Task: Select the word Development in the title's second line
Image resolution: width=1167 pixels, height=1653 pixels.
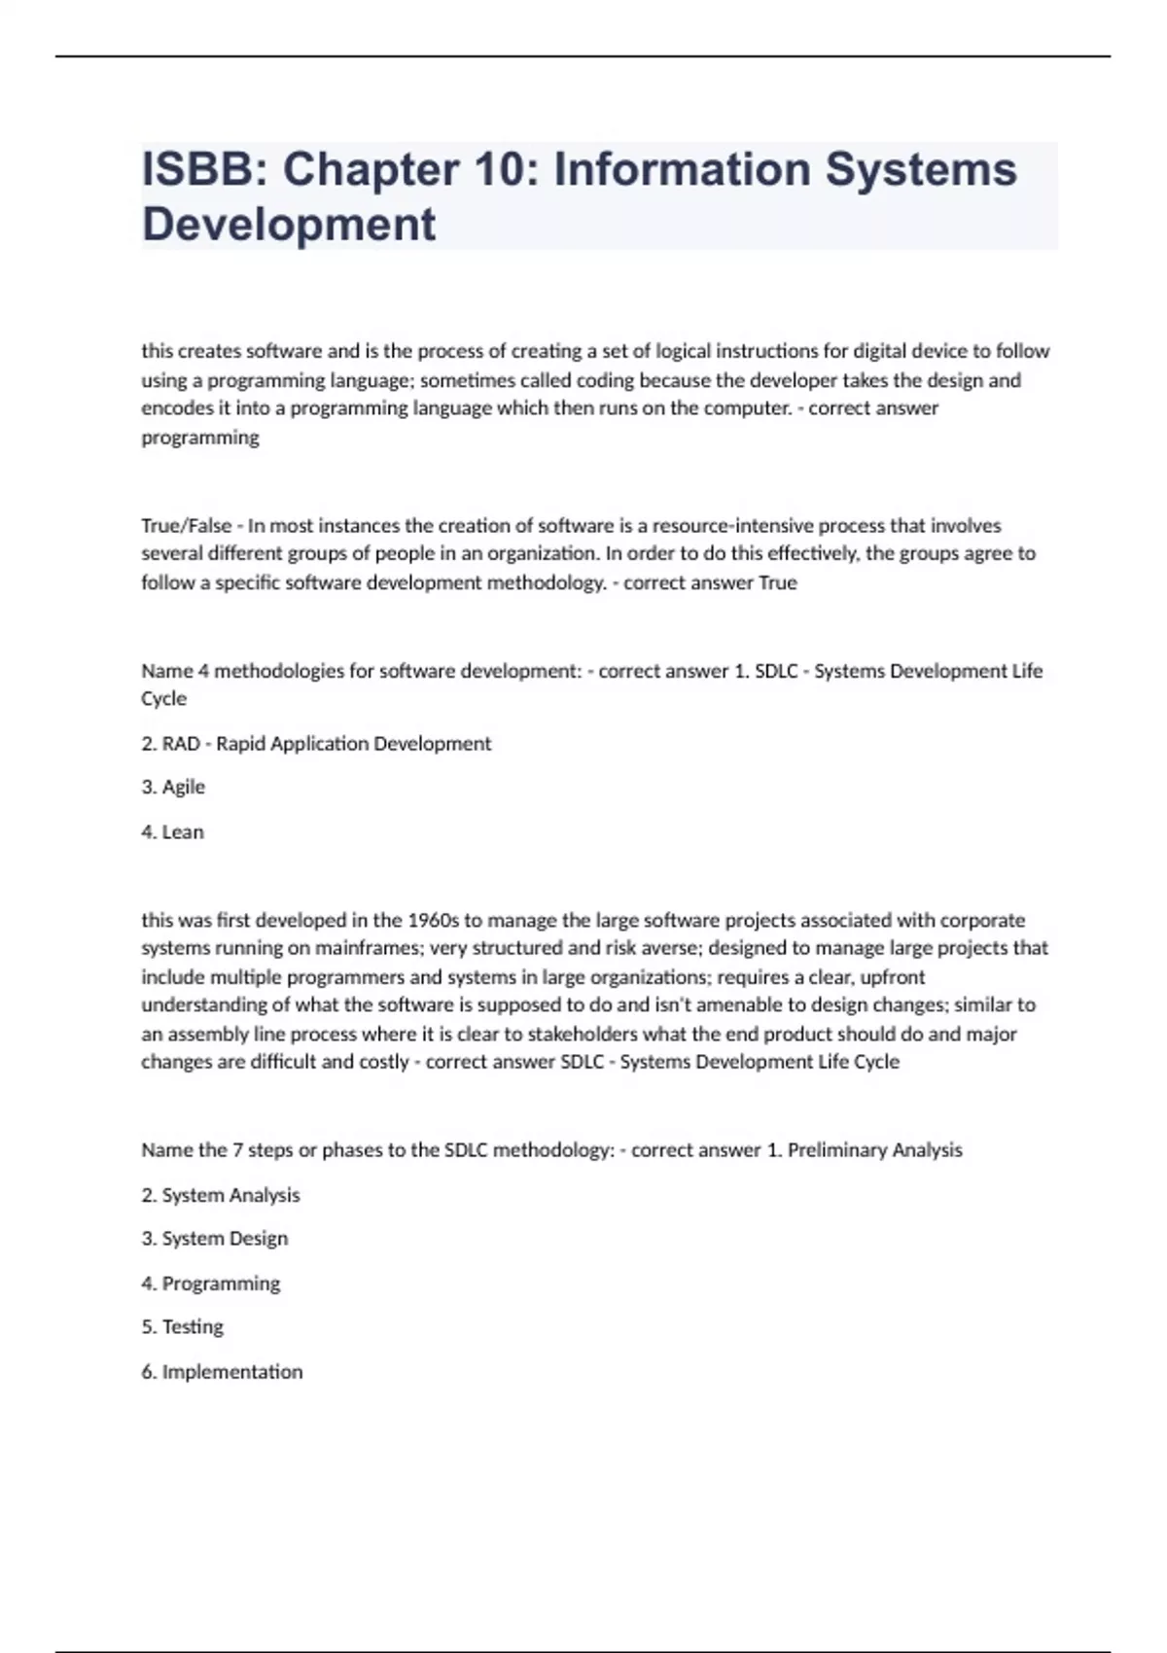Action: coord(289,225)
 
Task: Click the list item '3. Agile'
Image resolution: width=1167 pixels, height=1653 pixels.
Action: coord(173,787)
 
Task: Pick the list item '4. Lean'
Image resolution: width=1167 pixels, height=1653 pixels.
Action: coord(173,831)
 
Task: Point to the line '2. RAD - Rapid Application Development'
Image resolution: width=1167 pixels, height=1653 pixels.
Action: coord(316,744)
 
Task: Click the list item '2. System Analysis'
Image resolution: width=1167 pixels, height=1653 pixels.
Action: coord(221,1195)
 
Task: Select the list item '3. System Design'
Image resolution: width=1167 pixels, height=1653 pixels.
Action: coord(215,1239)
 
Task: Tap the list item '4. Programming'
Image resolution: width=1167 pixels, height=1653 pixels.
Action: coord(211,1284)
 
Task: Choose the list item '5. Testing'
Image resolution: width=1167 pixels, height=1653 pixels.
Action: coord(183,1327)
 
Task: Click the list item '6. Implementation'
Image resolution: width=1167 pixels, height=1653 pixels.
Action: coord(222,1372)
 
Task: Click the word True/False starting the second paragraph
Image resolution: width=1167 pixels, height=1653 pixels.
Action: coord(186,526)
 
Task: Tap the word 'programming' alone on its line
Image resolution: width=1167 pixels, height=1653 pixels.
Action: coord(200,438)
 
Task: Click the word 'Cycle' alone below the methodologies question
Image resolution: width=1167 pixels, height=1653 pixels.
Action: coord(163,699)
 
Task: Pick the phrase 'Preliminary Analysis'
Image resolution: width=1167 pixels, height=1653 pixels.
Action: coord(874,1150)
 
